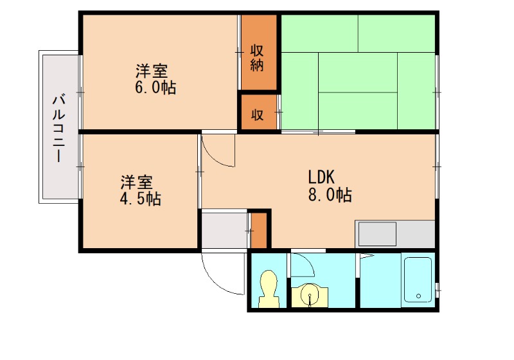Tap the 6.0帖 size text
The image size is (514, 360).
(155, 88)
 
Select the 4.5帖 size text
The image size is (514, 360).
(140, 199)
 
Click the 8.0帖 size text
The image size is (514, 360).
(330, 195)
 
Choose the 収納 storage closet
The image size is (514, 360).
(258, 58)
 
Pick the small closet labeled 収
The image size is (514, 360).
(257, 115)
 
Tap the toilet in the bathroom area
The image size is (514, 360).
(268, 289)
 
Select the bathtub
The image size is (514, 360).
(418, 280)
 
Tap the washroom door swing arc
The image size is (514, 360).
(303, 267)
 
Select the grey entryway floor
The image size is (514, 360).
(224, 229)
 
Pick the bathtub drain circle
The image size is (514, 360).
(419, 296)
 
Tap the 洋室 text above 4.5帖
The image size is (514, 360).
(136, 182)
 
